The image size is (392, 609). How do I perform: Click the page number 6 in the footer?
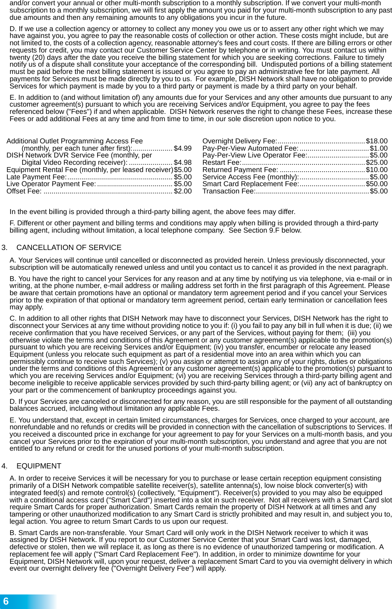point(6,601)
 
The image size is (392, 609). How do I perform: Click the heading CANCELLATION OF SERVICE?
point(69,248)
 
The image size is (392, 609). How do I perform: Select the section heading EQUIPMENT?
point(39,466)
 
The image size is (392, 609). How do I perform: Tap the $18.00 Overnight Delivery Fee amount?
point(376,141)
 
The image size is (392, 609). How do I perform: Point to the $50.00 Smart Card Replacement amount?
point(376,184)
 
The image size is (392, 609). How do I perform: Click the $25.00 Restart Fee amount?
point(376,162)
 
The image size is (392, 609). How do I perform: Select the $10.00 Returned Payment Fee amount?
point(376,170)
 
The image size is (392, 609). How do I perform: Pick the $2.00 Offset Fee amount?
point(183,191)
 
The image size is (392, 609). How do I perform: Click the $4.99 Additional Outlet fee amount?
point(183,148)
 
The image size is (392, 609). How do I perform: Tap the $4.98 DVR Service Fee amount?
point(183,162)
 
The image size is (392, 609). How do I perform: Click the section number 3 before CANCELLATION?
point(4,248)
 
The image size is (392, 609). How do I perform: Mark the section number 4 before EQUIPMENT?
point(4,466)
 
